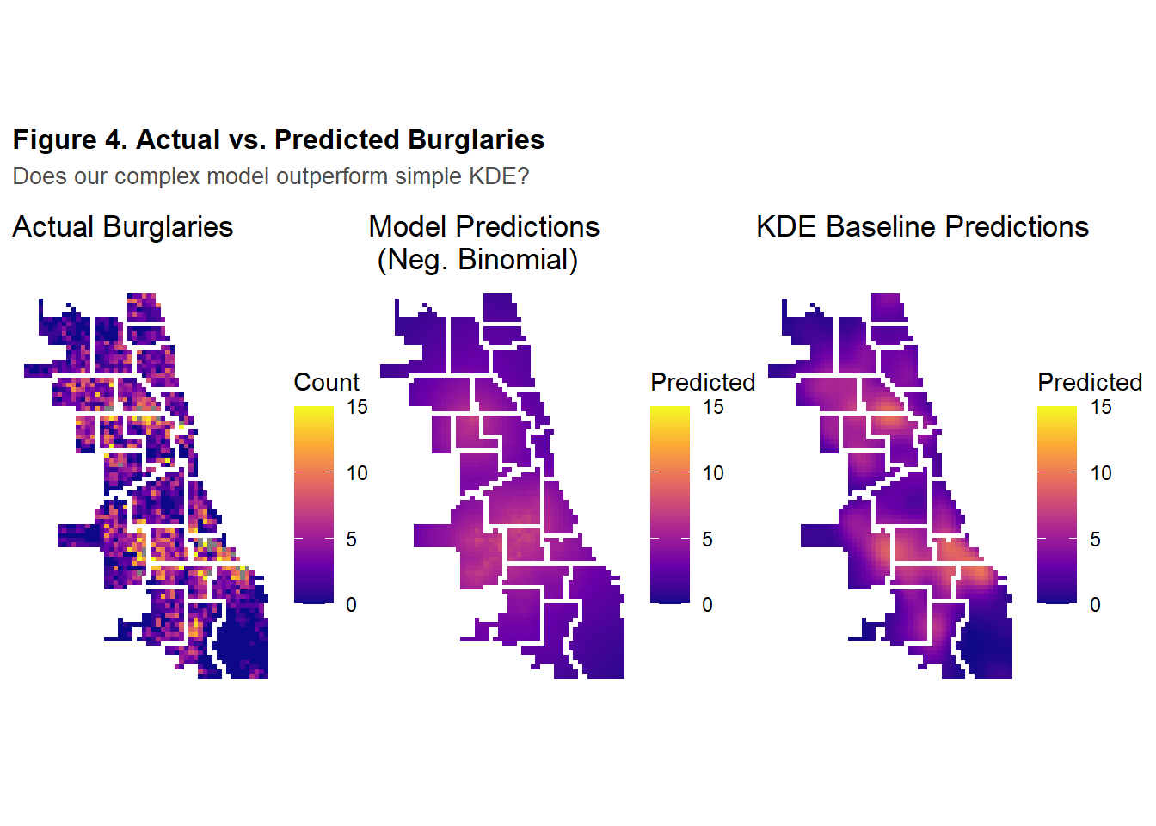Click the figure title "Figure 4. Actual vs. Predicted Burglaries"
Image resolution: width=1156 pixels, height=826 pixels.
[x=278, y=139]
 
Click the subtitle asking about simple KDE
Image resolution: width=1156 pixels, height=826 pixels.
[x=270, y=176]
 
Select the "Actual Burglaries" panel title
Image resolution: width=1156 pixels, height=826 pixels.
[x=122, y=227]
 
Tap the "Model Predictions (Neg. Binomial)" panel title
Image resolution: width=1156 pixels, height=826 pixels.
[x=483, y=243]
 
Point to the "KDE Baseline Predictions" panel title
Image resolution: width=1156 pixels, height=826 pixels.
[x=922, y=227]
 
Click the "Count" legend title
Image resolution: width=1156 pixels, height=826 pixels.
[x=326, y=382]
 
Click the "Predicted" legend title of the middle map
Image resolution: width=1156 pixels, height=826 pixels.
[x=702, y=382]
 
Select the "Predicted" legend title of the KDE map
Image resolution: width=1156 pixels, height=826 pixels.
[x=1089, y=382]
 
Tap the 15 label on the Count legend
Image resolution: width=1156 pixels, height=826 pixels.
[x=357, y=407]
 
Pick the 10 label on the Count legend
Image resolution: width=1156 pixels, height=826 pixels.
[x=357, y=473]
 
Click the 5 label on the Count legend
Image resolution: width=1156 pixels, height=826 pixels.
[x=352, y=539]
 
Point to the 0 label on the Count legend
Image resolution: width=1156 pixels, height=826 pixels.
[x=352, y=605]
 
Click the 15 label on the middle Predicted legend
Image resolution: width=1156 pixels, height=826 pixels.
[x=713, y=407]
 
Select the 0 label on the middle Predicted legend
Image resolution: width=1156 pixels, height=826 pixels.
[x=708, y=605]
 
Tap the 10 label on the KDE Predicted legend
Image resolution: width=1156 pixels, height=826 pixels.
[x=1101, y=473]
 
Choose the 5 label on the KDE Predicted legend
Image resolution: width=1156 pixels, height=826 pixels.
[x=1096, y=539]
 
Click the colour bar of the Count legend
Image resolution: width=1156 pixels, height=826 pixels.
[x=313, y=504]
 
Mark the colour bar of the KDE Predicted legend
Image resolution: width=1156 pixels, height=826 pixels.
[x=1056, y=504]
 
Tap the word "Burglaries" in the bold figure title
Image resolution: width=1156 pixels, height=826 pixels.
[x=476, y=139]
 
